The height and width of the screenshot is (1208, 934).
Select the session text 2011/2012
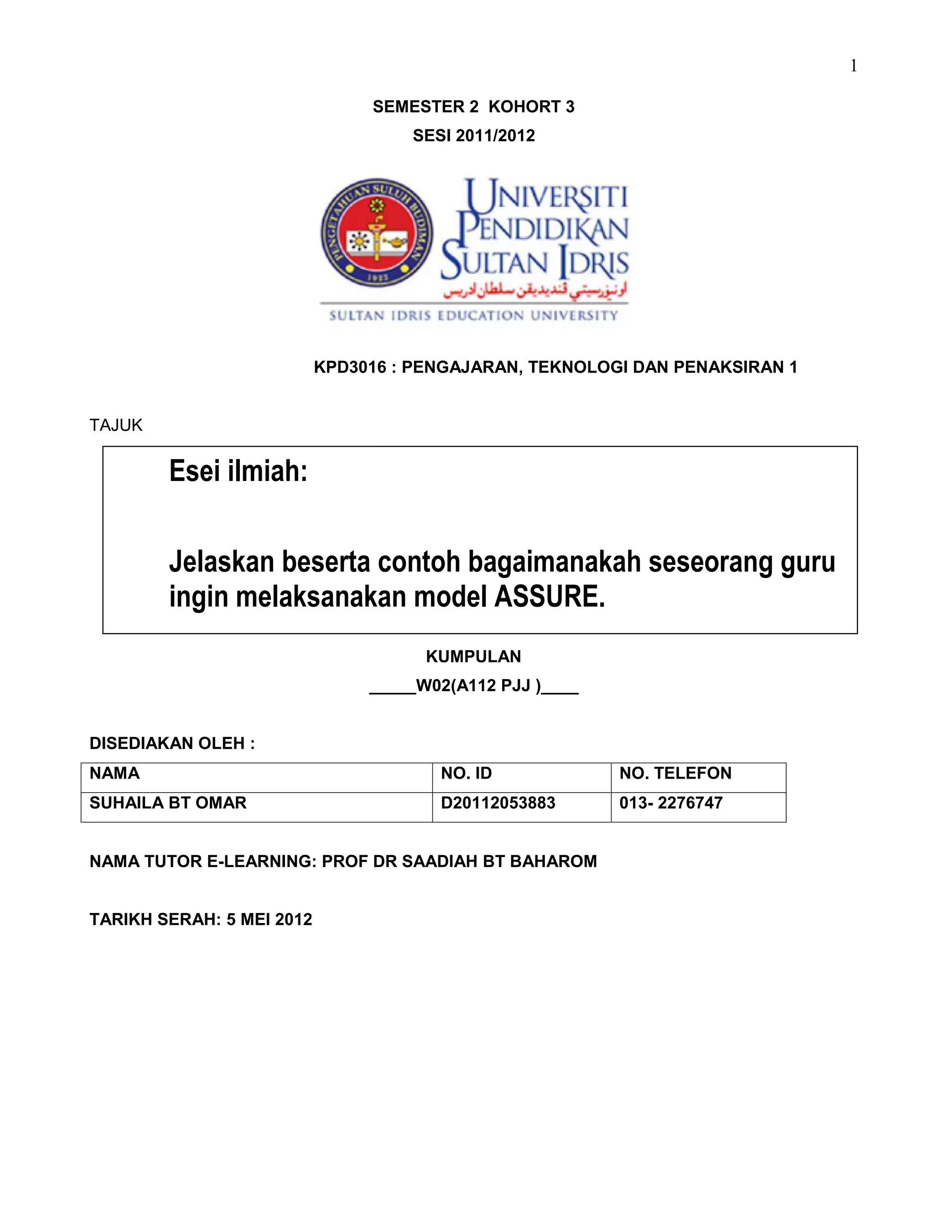[495, 135]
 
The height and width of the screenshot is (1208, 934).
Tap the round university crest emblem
[376, 232]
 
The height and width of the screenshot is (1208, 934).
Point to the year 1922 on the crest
[377, 278]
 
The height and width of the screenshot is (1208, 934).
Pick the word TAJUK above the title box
[116, 425]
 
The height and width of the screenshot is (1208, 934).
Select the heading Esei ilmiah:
[238, 472]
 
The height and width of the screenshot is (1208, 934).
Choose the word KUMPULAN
[473, 656]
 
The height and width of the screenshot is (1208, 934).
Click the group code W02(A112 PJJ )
[478, 686]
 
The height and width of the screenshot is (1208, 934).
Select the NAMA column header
[114, 773]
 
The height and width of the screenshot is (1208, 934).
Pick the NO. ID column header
[466, 773]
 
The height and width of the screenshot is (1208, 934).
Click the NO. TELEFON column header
[675, 773]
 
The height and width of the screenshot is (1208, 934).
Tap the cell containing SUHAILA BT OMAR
[168, 803]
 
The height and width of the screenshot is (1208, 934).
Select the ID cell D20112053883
[498, 803]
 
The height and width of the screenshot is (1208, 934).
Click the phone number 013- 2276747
[670, 803]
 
